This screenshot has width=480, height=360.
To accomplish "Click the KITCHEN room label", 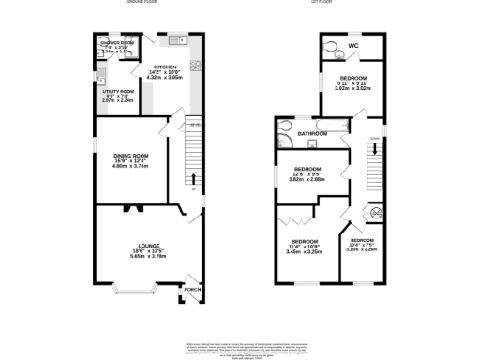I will click(x=165, y=67).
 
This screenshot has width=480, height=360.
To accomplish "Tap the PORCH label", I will click(x=193, y=290).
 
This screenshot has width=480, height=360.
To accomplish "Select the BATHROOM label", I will click(x=312, y=134).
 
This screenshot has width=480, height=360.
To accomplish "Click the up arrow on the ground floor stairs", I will click(x=194, y=177).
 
